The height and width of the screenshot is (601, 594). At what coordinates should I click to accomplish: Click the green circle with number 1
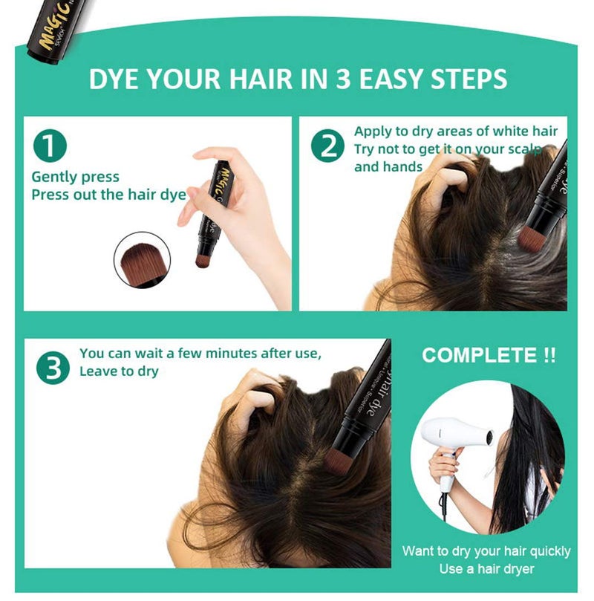49,146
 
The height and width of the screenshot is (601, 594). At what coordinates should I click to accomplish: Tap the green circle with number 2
327,146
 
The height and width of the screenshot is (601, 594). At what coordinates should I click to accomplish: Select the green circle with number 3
53,368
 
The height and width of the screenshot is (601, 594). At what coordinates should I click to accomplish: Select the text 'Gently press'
75,178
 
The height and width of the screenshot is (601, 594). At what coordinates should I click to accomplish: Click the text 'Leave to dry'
119,371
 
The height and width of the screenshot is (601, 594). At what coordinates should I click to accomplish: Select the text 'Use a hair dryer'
486,569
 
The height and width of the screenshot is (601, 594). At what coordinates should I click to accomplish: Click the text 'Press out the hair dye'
108,195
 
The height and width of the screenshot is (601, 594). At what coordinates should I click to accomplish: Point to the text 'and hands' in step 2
388,166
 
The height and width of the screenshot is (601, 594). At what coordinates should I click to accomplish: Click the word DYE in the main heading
114,79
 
